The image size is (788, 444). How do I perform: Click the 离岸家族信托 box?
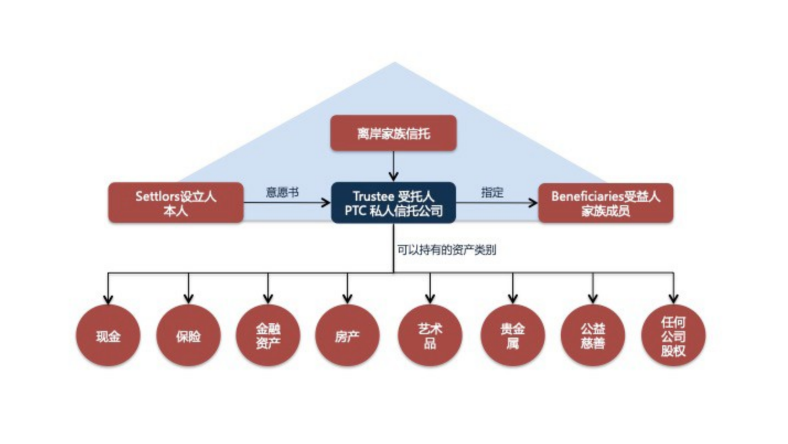pos(393,133)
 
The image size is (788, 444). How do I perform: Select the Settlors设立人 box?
pos(175,203)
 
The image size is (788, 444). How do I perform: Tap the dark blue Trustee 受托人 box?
pos(393,203)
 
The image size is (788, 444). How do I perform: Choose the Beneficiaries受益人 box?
pos(605,203)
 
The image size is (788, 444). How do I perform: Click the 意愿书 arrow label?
pos(282,192)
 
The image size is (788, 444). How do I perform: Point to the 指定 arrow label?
pos(492,192)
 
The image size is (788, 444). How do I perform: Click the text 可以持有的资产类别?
pos(446,250)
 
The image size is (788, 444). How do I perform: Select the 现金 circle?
pos(108,335)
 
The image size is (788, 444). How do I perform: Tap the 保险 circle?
pos(189,335)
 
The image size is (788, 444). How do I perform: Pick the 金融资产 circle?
pos(269,335)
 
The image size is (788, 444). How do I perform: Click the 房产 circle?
pos(347,335)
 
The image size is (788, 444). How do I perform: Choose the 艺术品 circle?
pos(430,335)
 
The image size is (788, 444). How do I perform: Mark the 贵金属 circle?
pos(513,335)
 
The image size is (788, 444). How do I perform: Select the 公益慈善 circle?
pos(593,335)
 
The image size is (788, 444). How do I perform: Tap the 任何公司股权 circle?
pos(673,335)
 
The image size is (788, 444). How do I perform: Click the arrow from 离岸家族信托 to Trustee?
pos(393,165)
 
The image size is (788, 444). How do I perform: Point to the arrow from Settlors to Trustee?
pos(287,203)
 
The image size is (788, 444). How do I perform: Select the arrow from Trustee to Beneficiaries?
pos(496,203)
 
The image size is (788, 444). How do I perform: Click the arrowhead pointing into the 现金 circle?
pos(108,299)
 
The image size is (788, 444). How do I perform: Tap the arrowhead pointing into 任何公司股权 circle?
pos(673,299)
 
